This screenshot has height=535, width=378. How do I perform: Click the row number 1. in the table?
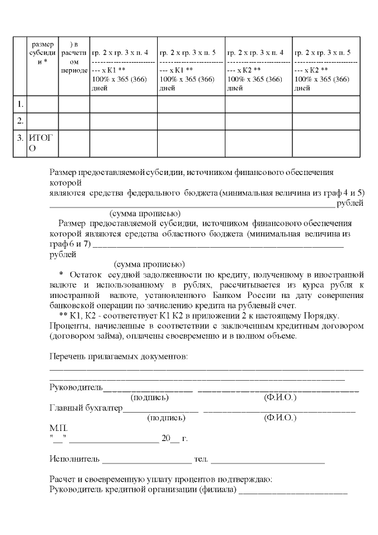[20, 105]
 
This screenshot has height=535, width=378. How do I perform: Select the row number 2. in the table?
[20, 121]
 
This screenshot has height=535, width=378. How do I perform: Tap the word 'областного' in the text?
[167, 234]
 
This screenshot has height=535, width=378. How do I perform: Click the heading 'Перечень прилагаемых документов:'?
[119, 356]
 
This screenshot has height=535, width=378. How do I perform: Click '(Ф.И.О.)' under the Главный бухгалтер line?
[280, 417]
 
